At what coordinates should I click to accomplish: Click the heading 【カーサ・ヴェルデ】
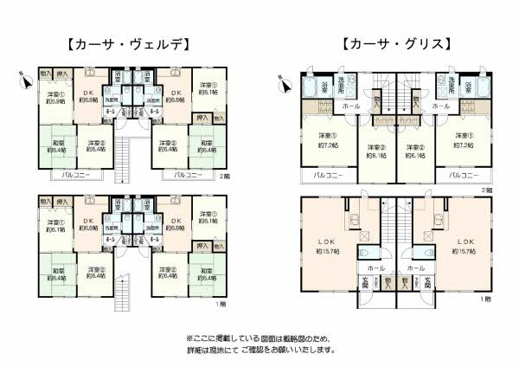pyautogui.click(x=126, y=43)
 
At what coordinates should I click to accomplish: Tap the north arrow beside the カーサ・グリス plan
pyautogui.click(x=279, y=84)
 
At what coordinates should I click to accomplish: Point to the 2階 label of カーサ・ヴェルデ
pyautogui.click(x=223, y=176)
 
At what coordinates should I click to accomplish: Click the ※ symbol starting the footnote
pyautogui.click(x=190, y=338)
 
